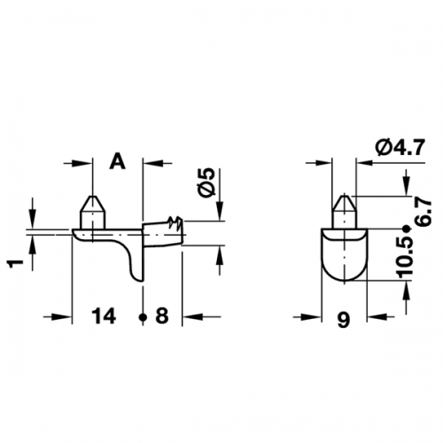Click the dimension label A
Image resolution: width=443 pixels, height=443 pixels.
118,162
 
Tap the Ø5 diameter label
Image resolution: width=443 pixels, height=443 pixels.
208,182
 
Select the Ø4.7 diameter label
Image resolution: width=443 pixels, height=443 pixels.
400,147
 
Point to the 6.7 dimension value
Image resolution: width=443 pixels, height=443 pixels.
424,212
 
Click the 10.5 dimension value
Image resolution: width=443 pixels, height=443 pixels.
406,258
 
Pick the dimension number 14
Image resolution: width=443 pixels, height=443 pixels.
104,315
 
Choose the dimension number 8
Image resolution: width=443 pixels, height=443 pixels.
162,315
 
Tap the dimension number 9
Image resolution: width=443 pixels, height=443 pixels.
344,320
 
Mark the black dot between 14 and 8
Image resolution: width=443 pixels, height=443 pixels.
143,317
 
